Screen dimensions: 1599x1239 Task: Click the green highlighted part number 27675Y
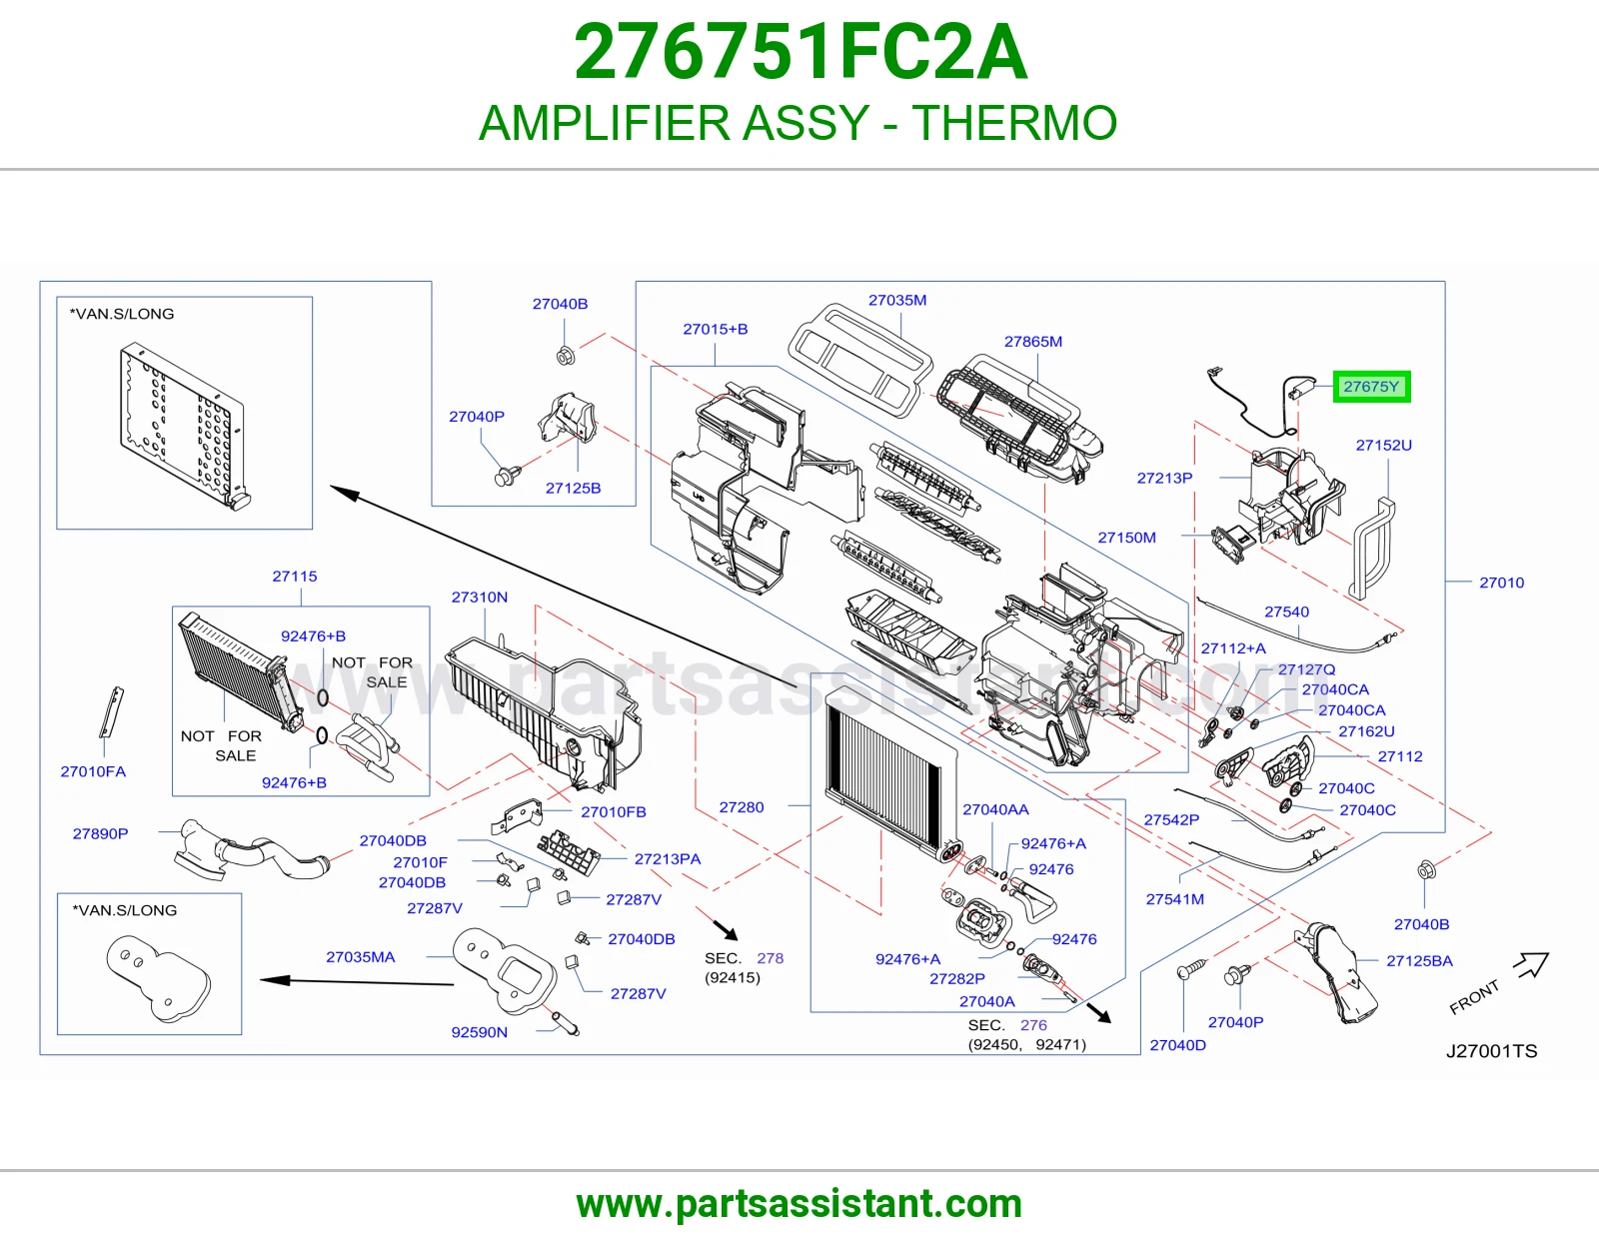(1371, 387)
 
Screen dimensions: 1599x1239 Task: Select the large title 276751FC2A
(799, 52)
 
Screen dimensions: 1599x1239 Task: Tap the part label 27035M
(897, 300)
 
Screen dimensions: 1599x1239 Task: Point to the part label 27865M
(1033, 342)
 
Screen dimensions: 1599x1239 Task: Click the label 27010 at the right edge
(1502, 583)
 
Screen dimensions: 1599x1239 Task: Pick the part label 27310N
(479, 597)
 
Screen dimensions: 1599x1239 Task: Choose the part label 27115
(295, 577)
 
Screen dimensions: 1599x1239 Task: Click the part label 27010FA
(93, 771)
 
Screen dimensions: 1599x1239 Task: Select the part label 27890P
(100, 833)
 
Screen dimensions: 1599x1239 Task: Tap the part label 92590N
(479, 1032)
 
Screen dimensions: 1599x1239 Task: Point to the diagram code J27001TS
(1491, 1051)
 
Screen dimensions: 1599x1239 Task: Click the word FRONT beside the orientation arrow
(1474, 997)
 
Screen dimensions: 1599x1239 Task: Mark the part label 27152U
(1383, 445)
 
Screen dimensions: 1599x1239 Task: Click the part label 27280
(741, 807)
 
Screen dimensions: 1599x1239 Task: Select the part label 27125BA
(1419, 961)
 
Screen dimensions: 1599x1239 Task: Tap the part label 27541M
(1175, 899)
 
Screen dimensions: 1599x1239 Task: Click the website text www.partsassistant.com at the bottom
(799, 1204)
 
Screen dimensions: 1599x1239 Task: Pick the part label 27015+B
(716, 329)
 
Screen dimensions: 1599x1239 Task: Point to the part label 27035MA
(361, 957)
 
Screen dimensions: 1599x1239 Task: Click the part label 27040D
(1177, 1045)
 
